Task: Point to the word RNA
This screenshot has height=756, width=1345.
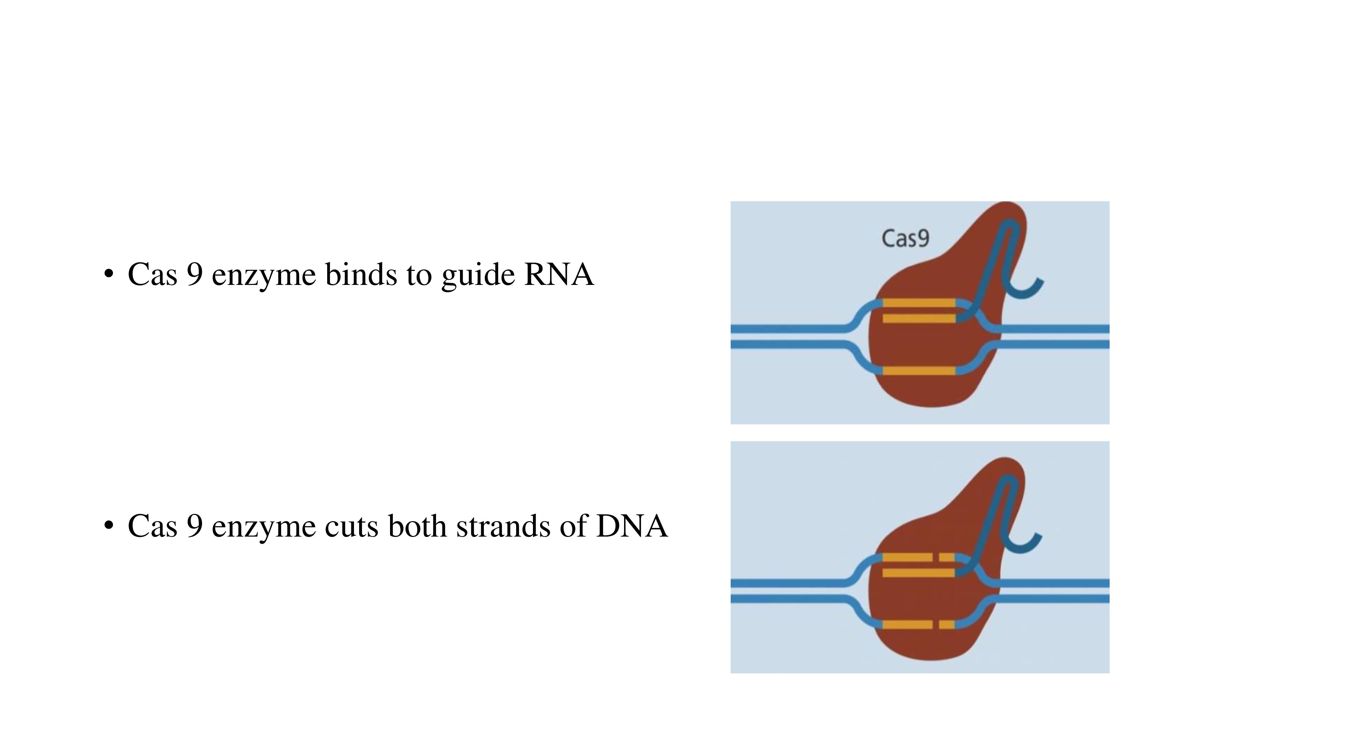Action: (559, 275)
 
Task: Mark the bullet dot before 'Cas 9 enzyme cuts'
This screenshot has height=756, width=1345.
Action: (109, 526)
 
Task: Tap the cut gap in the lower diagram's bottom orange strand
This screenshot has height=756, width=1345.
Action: (936, 625)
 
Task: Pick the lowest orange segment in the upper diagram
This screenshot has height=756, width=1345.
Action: (919, 371)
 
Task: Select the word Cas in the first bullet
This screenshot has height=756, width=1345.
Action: (152, 275)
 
